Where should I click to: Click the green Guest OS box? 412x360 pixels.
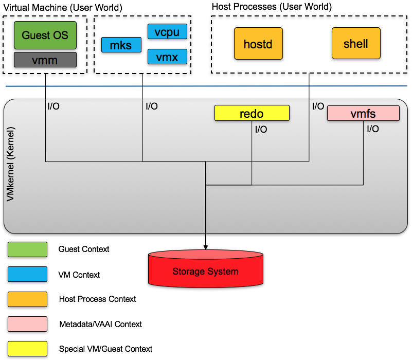[45, 35]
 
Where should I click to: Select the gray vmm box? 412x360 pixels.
[45, 60]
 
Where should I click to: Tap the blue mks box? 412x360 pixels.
[120, 45]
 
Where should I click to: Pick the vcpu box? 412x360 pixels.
[167, 32]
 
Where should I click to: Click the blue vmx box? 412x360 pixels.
[167, 57]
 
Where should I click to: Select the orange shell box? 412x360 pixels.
[356, 44]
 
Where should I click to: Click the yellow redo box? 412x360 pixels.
[252, 113]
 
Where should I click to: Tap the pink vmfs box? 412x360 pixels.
[363, 113]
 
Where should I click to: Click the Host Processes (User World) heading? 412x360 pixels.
[272, 7]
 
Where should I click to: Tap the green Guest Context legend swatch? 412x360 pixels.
[27, 249]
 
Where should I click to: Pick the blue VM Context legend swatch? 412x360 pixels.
[27, 275]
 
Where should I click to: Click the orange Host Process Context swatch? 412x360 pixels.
[27, 299]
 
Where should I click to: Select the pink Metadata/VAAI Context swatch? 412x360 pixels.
[27, 324]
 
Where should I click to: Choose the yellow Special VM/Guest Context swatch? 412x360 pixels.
[27, 349]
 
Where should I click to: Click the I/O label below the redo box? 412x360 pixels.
[261, 130]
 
